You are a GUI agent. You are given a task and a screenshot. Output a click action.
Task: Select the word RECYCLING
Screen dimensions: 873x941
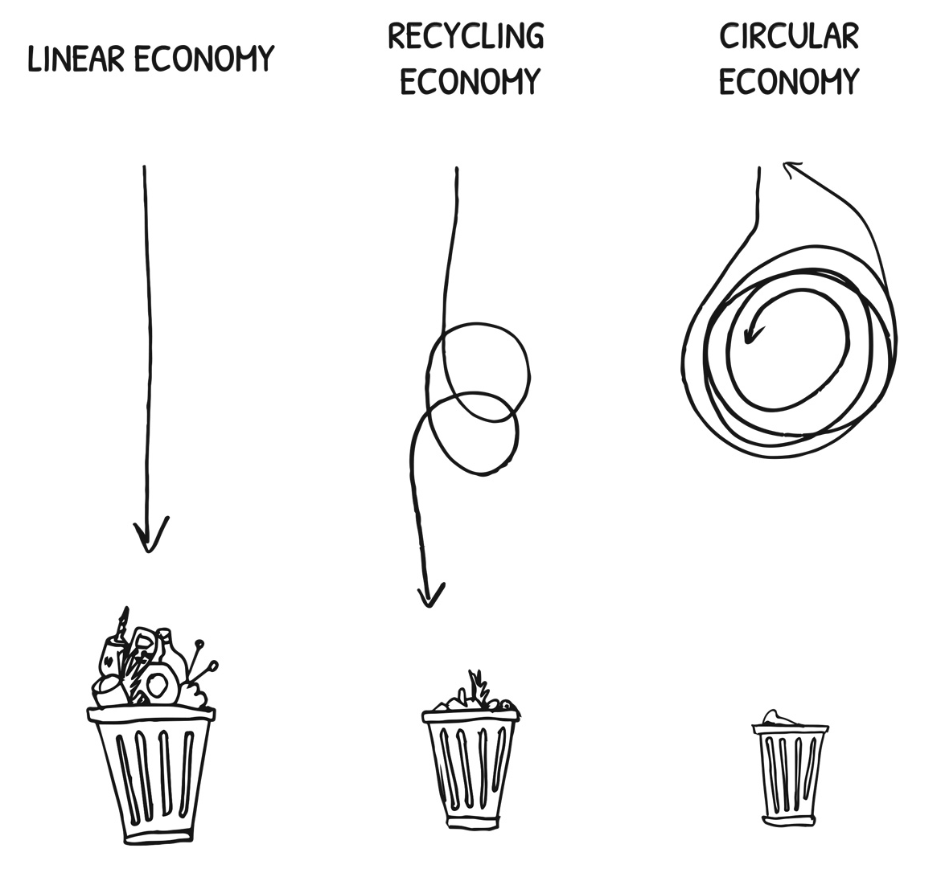(466, 36)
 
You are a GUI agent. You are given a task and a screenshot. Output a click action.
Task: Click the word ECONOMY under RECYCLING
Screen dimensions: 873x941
(470, 81)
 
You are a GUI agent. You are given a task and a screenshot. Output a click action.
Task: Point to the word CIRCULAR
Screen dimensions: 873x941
(789, 36)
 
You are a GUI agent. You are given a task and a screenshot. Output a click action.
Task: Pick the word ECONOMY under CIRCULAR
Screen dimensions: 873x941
(789, 81)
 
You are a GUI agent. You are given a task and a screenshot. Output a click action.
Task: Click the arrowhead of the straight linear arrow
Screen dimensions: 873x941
(148, 537)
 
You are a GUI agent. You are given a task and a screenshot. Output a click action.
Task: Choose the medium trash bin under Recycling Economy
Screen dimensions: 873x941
(470, 768)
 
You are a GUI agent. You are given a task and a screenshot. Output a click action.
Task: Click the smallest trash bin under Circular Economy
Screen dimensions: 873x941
(791, 772)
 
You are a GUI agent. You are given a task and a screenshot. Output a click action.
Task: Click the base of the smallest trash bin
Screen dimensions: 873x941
(791, 819)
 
